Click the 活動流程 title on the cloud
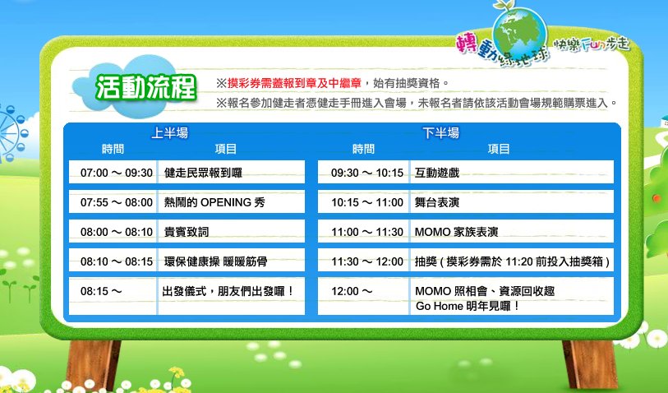coord(145,87)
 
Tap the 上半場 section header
coord(169,133)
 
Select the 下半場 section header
coord(441,133)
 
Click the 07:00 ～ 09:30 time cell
coord(117,173)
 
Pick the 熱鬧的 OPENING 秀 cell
coord(214,202)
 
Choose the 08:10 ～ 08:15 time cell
coord(117,261)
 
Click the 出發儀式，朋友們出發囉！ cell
coord(228,291)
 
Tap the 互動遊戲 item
coord(437,173)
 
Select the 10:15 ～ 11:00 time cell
coord(367,202)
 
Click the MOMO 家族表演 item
coord(457,232)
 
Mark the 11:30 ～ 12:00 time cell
coord(367,261)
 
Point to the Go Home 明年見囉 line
coord(468,306)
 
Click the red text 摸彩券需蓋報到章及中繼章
coord(294,83)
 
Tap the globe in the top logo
coord(519,34)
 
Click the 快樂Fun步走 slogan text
coord(591,45)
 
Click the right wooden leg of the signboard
coord(590,364)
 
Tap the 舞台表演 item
coord(437,202)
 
